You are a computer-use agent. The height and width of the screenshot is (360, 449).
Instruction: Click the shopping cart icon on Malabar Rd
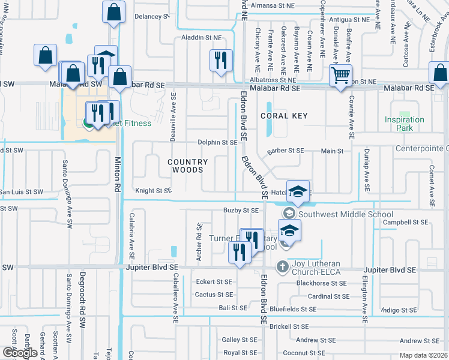coord(340,76)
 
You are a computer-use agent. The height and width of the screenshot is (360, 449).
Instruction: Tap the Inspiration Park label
coord(404,124)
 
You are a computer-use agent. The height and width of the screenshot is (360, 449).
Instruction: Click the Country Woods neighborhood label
coord(187,166)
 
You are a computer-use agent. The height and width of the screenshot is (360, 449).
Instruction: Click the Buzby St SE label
coord(241,211)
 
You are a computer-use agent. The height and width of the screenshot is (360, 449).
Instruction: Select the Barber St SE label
coord(286,151)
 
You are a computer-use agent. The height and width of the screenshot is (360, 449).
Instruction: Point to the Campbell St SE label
coord(406,222)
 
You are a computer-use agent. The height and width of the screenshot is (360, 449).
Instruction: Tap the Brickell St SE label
coord(289,326)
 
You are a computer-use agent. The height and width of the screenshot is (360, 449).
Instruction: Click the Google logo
coord(20,353)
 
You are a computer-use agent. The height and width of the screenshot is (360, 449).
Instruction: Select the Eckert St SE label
coord(214,281)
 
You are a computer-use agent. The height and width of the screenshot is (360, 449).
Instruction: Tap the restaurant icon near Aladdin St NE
coord(220,61)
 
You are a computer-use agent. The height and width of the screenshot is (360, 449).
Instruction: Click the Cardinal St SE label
coord(328,296)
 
